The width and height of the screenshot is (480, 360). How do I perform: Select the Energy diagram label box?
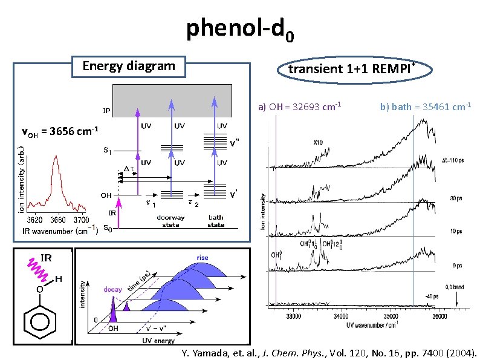pos(128,66)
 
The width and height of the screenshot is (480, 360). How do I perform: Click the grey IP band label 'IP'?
pos(106,111)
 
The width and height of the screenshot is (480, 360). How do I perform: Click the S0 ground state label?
pos(107,228)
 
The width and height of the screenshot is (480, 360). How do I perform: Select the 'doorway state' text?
pos(170,221)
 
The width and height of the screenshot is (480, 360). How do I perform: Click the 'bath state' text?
pos(216,221)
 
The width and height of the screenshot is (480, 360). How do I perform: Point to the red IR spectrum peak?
pos(56,159)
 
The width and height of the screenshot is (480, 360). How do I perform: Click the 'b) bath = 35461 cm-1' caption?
pos(426,107)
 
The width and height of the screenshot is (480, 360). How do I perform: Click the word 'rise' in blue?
pos(202,258)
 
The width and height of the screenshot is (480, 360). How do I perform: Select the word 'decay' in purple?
pos(112,289)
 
